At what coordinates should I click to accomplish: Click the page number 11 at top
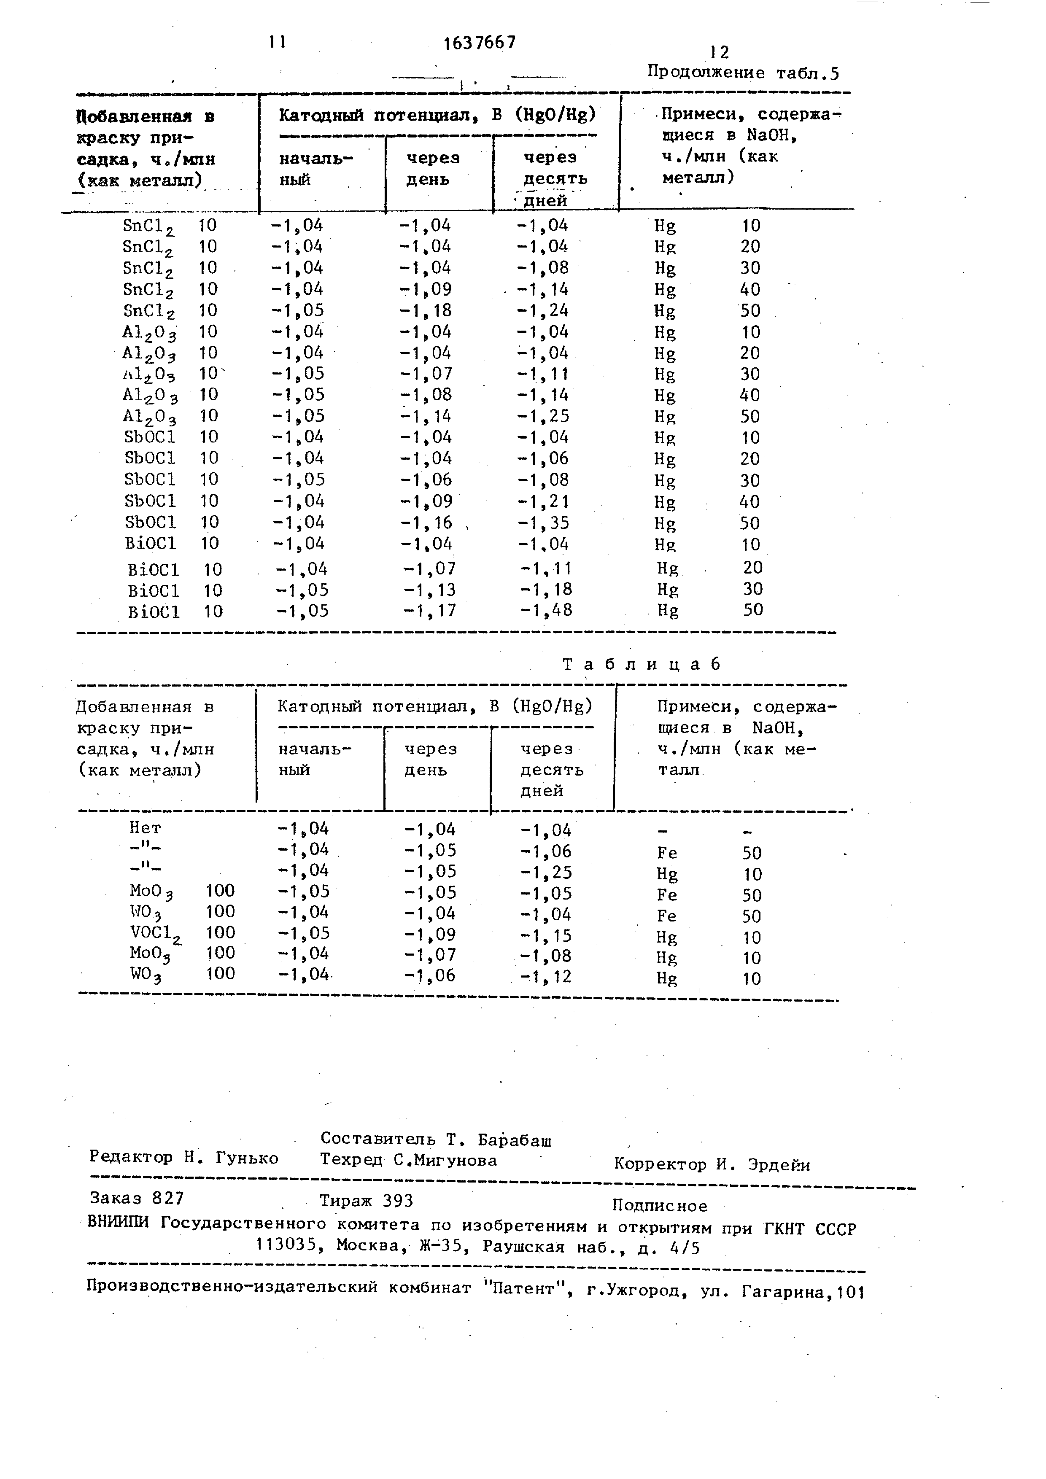pos(278,42)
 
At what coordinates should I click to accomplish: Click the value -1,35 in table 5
pos(544,523)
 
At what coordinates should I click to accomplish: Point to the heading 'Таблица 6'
pos(641,664)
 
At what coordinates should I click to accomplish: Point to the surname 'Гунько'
pos(247,1158)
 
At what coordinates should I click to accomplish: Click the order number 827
pos(168,1198)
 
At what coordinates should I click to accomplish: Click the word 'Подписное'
pos(660,1206)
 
